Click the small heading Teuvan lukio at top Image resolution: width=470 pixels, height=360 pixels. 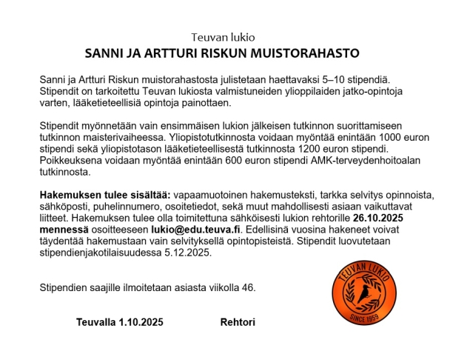pyautogui.click(x=223, y=36)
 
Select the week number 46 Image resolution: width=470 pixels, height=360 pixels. pyautogui.click(x=249, y=287)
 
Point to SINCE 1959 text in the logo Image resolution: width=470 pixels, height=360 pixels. pyautogui.click(x=363, y=319)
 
